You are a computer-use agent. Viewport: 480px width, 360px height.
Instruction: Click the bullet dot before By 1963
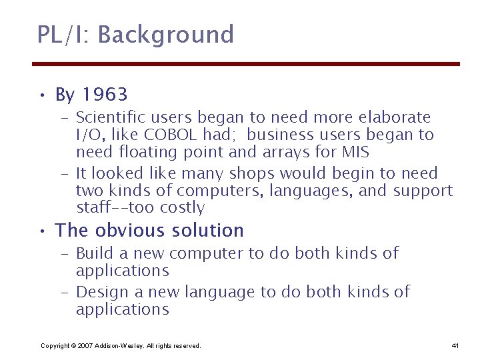[41, 95]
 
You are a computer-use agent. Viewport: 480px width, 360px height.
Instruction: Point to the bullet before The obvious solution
[41, 231]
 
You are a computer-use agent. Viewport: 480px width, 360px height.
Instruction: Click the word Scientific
[108, 117]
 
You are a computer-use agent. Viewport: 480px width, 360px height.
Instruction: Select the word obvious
[126, 231]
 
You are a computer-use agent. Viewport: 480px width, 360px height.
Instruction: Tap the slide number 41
[455, 345]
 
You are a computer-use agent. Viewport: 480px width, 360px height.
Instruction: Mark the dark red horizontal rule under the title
[247, 64]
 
